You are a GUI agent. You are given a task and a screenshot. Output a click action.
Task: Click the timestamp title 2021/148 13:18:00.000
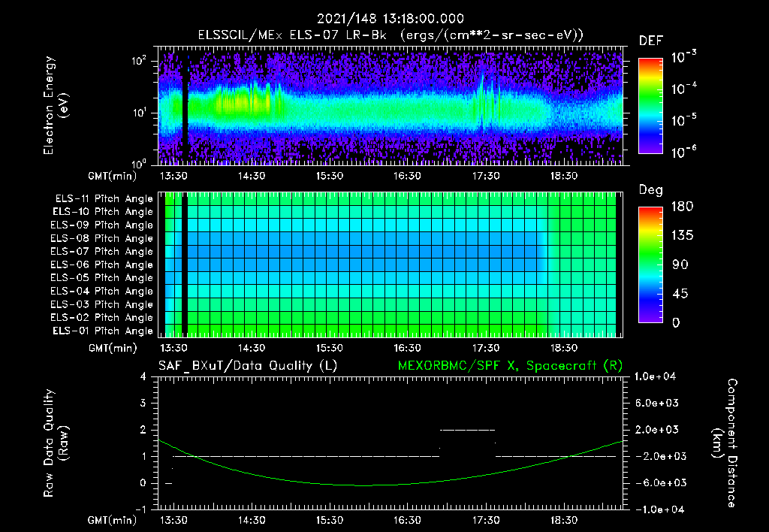pos(390,19)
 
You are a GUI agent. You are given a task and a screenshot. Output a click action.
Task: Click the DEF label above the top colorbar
pos(650,41)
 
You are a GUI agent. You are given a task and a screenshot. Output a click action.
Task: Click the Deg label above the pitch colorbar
pos(650,190)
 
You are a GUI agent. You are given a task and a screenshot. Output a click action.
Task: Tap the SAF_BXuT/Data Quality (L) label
pos(247,365)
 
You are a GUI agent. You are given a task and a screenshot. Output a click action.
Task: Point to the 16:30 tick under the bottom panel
pos(408,520)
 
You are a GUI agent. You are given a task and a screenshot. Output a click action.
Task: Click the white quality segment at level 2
pos(467,430)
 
